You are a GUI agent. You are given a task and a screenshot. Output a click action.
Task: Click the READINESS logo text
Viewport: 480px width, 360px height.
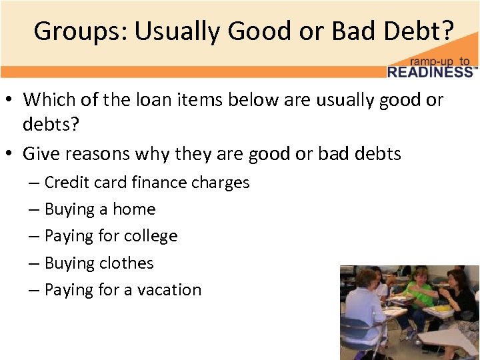point(431,72)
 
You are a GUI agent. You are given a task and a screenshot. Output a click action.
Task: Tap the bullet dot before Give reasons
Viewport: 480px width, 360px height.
point(11,154)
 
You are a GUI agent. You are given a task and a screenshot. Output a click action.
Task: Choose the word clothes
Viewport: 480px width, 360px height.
point(126,263)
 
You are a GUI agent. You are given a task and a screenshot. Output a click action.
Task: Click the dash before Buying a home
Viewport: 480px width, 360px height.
point(33,209)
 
